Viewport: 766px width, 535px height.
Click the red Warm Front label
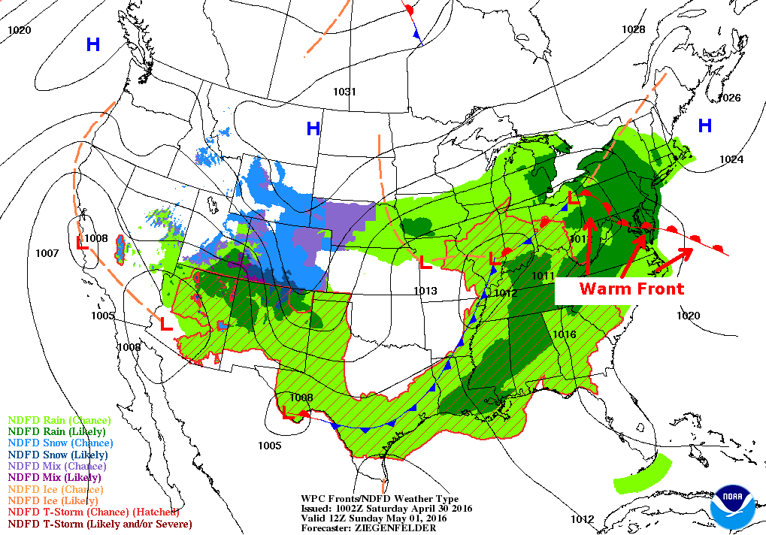pos(631,289)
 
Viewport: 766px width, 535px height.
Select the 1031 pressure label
pos(345,92)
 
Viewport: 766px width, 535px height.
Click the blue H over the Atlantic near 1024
pos(704,125)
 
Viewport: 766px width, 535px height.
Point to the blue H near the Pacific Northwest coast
pos(92,44)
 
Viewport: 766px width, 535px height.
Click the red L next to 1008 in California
pos(83,243)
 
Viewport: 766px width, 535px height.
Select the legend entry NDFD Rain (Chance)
pos(59,420)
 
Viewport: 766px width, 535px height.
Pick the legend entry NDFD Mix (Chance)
pos(56,466)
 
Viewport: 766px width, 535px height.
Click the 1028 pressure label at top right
pos(633,29)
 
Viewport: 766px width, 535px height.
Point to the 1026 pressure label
pos(729,98)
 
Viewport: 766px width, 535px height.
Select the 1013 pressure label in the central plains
pos(425,291)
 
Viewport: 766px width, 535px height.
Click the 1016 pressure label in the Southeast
pos(564,334)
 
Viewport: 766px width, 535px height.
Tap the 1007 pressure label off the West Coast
pos(47,253)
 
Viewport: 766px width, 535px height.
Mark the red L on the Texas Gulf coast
pos(287,412)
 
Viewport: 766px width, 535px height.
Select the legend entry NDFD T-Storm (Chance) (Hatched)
pos(93,512)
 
